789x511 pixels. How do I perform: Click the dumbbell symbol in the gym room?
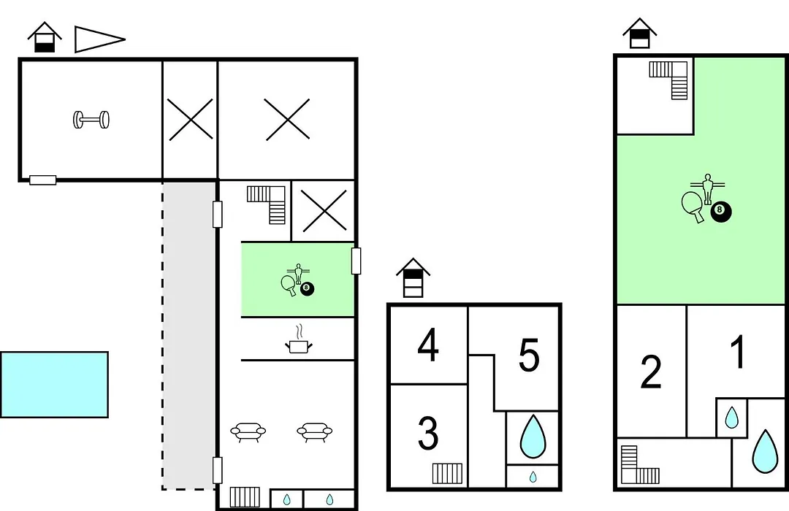coord(91,120)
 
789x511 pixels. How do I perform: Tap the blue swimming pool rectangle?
coord(54,385)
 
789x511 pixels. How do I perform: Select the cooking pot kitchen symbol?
coord(298,340)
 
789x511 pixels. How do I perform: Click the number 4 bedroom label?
coord(428,345)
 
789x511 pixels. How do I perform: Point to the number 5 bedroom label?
coord(529,355)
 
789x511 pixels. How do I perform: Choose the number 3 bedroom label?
coord(428,434)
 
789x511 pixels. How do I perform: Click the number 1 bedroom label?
coord(738,352)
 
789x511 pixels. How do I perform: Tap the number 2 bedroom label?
coord(651,372)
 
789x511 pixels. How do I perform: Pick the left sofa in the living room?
coord(248,431)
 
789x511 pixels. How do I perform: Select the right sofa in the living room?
coord(314,431)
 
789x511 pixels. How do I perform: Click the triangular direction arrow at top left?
coord(99,39)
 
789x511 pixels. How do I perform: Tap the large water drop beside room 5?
coord(533,437)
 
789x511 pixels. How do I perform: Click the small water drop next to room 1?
coord(731,418)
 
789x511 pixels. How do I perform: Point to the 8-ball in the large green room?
coord(720,212)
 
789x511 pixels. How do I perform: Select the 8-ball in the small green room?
coord(307,289)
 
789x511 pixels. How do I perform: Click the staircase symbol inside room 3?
coord(447,473)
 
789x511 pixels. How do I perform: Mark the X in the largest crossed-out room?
coord(287,119)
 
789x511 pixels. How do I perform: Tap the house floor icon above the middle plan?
coord(413,277)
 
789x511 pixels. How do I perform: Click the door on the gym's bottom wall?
coord(43,180)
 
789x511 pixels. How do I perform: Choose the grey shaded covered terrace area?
coord(188,336)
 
